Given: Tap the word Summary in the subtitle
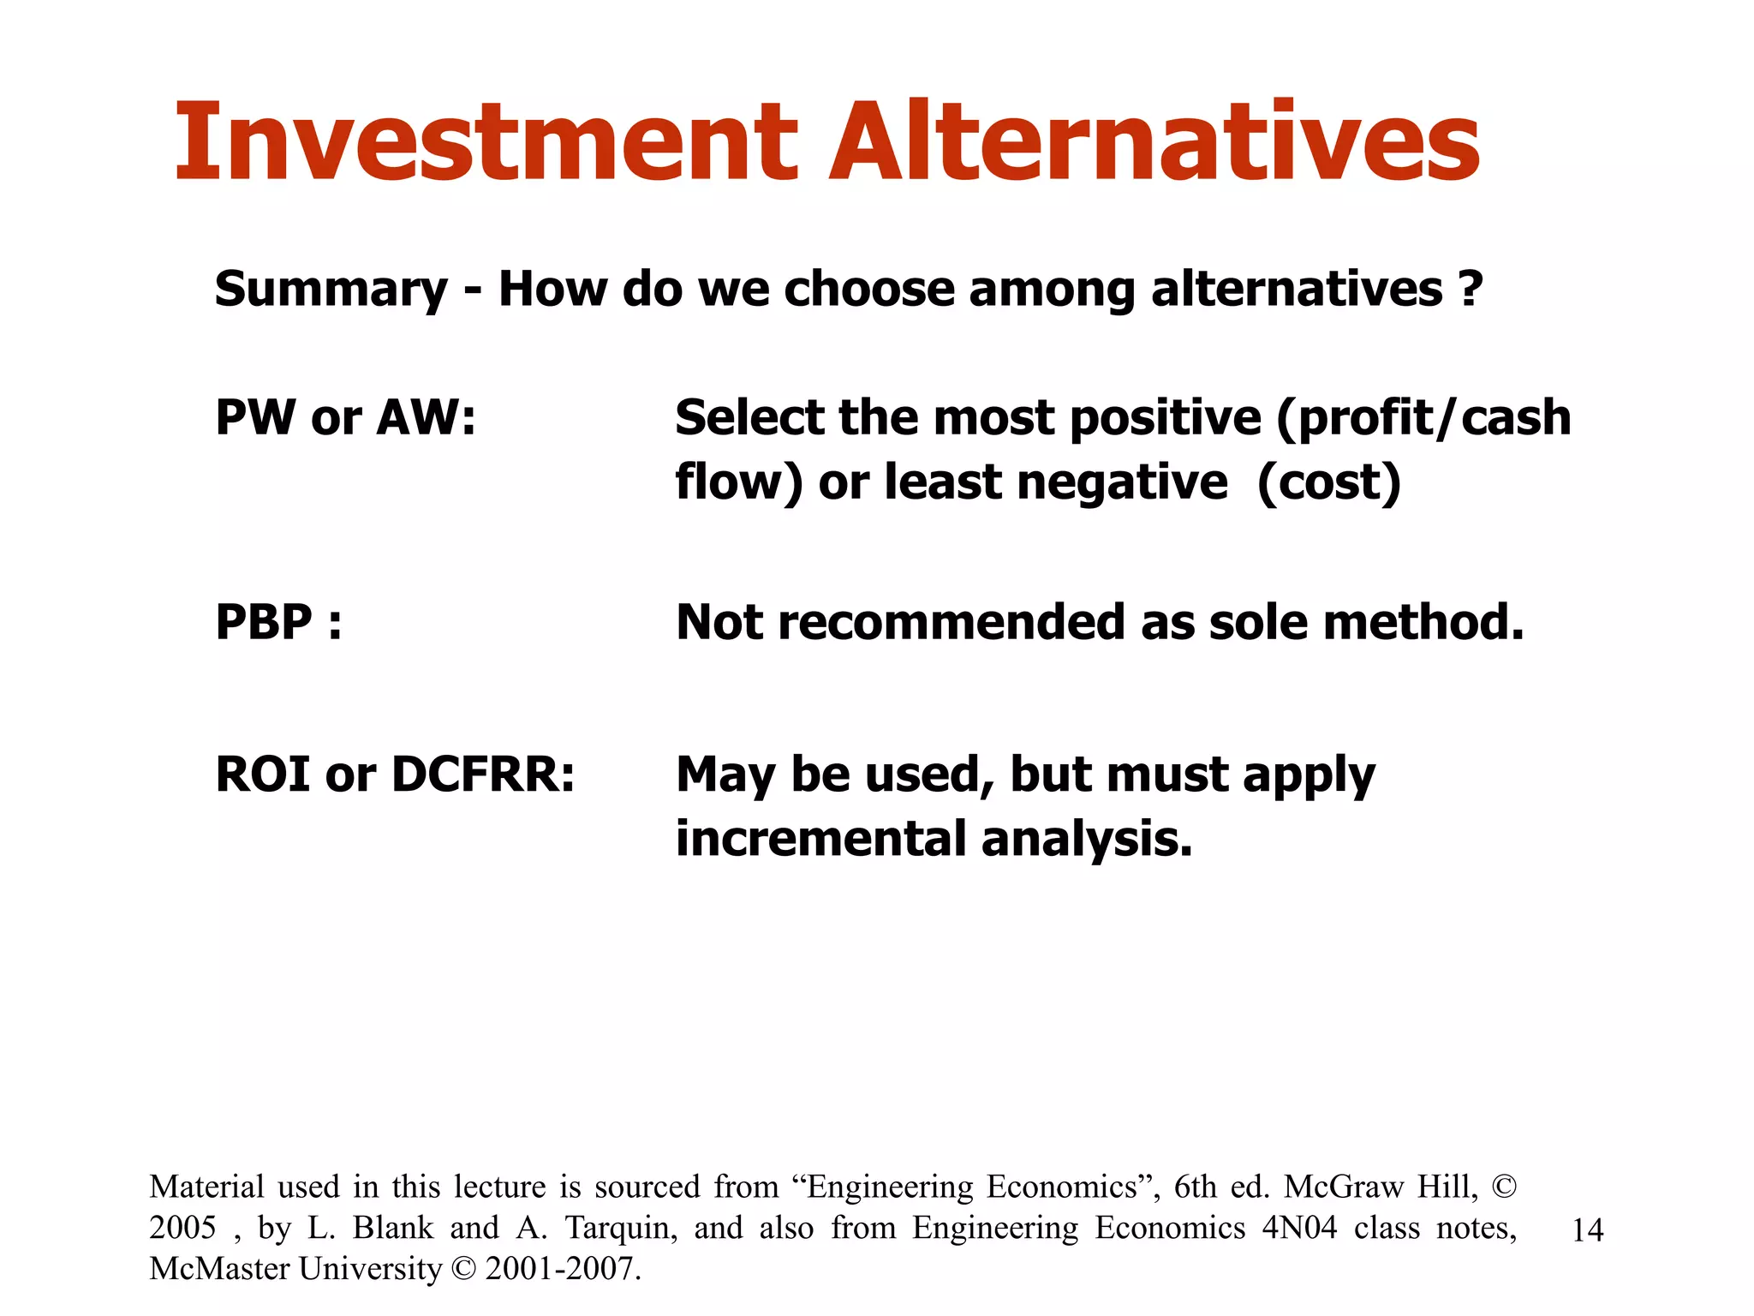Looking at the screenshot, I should click(331, 290).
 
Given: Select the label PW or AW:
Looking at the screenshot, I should click(345, 418).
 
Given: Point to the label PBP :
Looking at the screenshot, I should click(278, 622).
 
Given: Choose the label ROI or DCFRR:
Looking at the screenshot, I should click(395, 775).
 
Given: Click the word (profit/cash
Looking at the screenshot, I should click(1423, 418).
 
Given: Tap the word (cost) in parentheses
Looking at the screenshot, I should click(1328, 482).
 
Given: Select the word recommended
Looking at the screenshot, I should click(954, 622).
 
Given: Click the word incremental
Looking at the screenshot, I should click(821, 839).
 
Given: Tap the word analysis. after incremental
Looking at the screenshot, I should click(1087, 839).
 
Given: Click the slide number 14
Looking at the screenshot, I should click(1587, 1230).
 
